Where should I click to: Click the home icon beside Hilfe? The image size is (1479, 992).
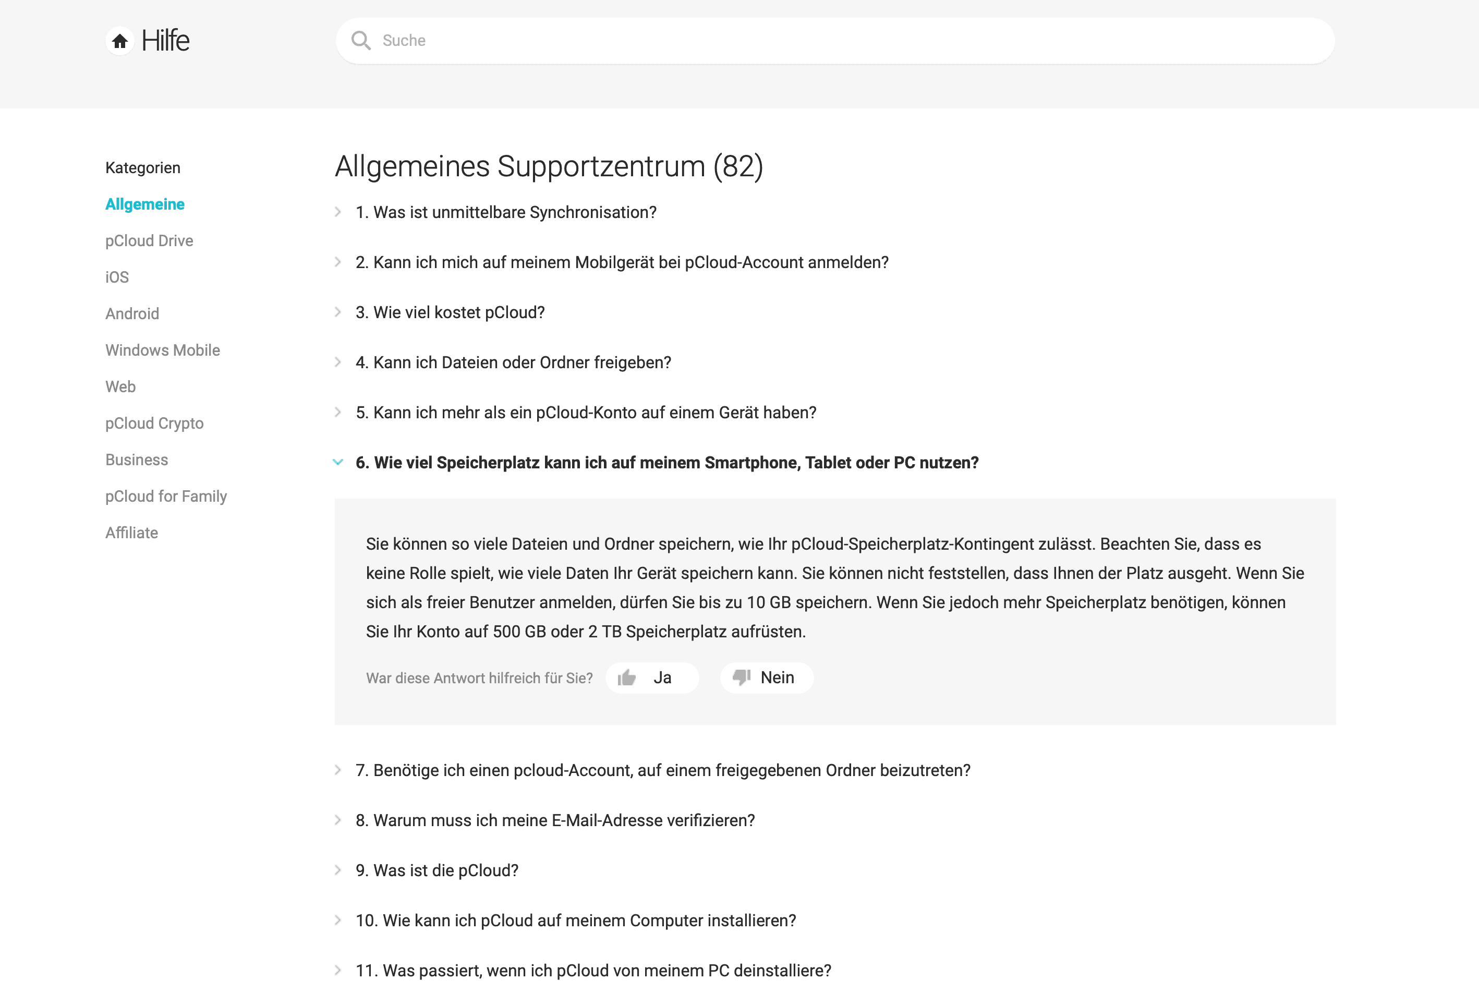click(x=119, y=41)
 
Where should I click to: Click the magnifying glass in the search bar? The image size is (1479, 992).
click(x=360, y=41)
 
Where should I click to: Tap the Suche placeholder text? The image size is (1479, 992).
click(x=404, y=41)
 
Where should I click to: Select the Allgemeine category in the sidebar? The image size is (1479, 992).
click(x=145, y=204)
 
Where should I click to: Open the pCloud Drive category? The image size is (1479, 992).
click(x=149, y=241)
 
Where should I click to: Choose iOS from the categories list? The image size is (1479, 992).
click(x=117, y=277)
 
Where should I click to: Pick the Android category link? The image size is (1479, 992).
click(x=132, y=314)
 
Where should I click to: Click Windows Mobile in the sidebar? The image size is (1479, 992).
click(x=163, y=350)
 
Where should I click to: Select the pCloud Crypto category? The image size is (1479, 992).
click(x=154, y=424)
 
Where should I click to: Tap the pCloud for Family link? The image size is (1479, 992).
click(x=166, y=497)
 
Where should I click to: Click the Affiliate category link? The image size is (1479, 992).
click(x=131, y=533)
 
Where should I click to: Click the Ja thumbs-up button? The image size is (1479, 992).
click(x=651, y=678)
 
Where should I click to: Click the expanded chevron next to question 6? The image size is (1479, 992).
click(x=338, y=463)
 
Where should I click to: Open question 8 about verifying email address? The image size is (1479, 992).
click(x=555, y=820)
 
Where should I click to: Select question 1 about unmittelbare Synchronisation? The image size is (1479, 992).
click(x=505, y=213)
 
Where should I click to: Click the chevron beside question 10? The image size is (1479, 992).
click(x=338, y=921)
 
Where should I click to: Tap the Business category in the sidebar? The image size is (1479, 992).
click(x=137, y=460)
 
